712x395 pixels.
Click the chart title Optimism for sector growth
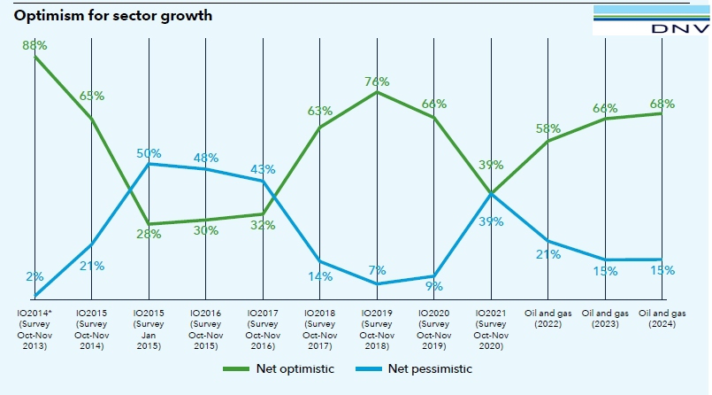click(112, 16)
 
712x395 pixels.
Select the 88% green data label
click(34, 44)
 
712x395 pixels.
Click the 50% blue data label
click(148, 153)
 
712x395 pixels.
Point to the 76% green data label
click(377, 82)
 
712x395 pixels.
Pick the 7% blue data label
click(377, 269)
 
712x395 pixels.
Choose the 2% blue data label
click(34, 277)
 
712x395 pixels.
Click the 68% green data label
click(662, 104)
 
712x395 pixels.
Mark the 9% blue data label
click(433, 286)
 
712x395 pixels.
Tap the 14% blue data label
click(320, 276)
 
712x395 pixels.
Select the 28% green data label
click(148, 235)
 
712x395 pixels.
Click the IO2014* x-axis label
click(34, 329)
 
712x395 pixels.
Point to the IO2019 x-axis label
click(377, 329)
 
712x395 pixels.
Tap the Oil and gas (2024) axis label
click(662, 319)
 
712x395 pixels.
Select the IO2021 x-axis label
click(491, 329)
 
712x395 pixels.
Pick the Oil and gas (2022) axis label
click(548, 319)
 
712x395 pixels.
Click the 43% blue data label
click(263, 169)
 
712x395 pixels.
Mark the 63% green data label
click(320, 111)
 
